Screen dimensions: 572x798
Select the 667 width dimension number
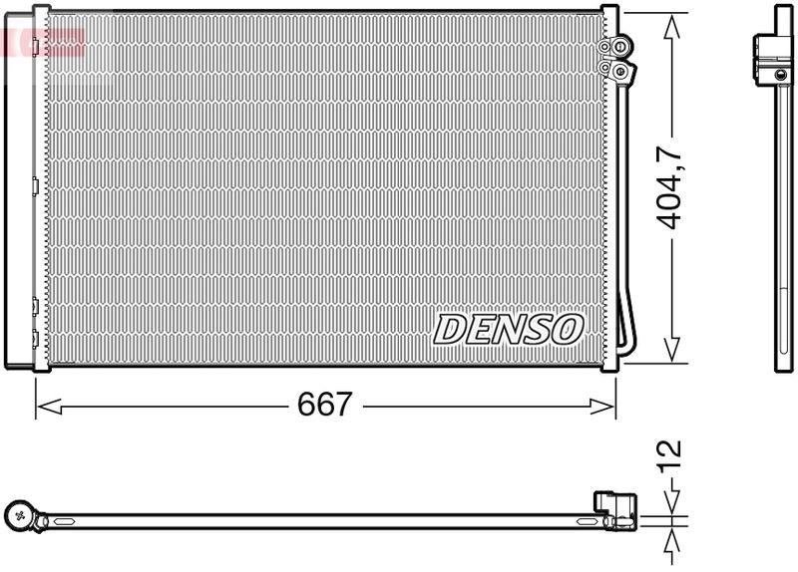click(325, 405)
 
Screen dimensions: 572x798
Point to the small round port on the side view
click(781, 73)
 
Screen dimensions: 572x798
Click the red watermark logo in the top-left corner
click(42, 41)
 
